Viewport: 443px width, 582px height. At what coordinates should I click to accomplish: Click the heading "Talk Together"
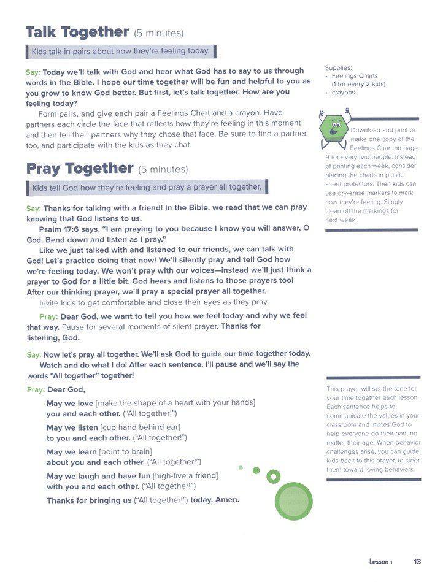[x=77, y=33]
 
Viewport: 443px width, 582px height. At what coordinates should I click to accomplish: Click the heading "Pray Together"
[x=80, y=168]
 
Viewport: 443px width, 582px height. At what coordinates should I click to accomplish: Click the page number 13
[x=417, y=561]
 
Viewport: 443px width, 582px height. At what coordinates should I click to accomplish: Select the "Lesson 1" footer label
[x=380, y=561]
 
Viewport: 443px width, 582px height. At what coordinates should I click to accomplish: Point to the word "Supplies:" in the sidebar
[x=338, y=67]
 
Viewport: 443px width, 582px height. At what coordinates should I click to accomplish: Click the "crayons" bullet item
[x=344, y=93]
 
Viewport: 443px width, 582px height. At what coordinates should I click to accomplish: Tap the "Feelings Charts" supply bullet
[x=355, y=76]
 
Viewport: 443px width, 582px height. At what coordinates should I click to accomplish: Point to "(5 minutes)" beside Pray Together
[x=163, y=169]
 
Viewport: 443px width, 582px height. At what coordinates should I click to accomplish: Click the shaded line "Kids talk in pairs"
[x=121, y=51]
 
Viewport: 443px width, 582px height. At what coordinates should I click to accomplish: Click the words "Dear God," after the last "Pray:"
[x=66, y=389]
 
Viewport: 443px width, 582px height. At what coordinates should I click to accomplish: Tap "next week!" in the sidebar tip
[x=342, y=220]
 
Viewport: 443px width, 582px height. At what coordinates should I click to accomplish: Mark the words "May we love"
[x=70, y=403]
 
